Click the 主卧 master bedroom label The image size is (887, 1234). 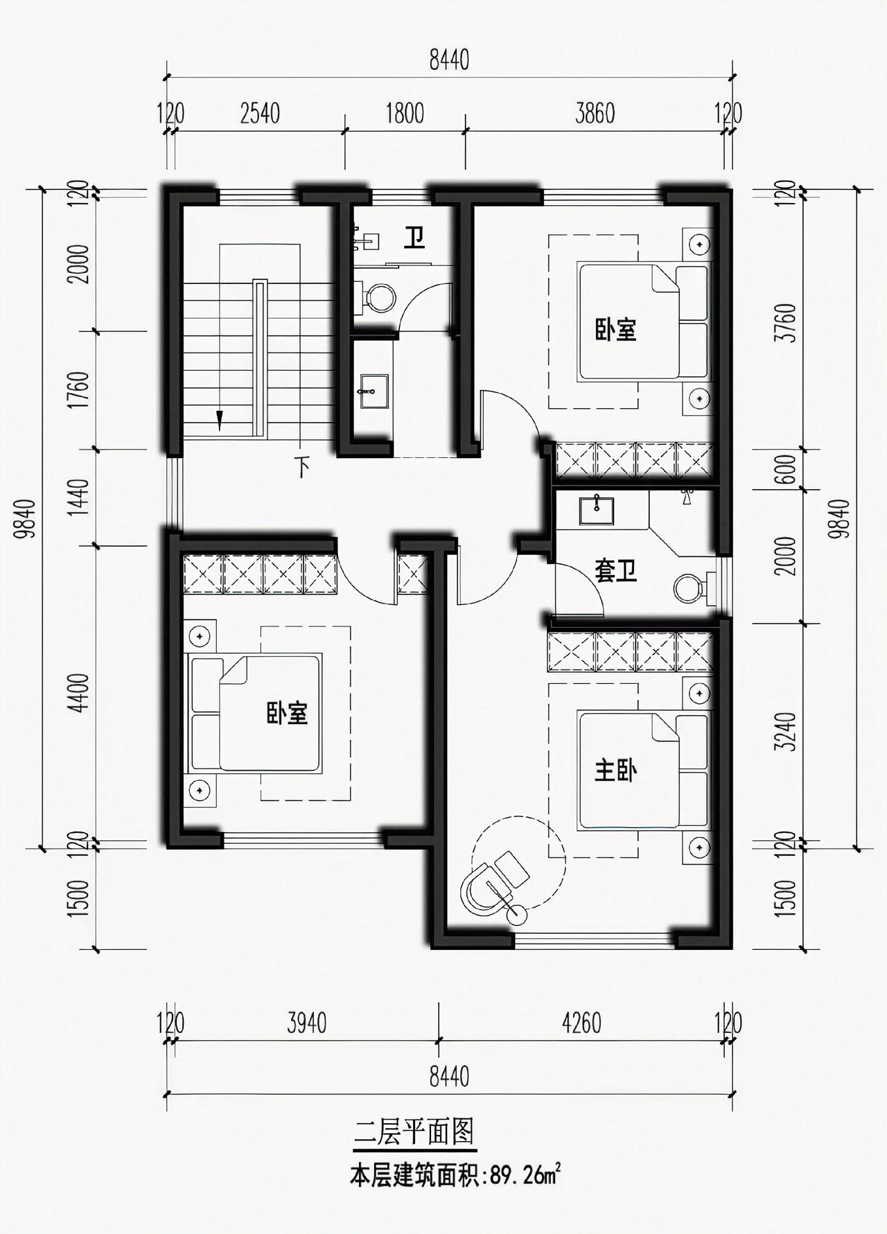tap(616, 770)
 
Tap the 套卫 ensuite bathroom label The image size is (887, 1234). tap(616, 570)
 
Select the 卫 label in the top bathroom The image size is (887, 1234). tap(414, 240)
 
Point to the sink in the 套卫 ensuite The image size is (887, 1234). tap(596, 511)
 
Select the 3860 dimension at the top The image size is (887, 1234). tap(595, 113)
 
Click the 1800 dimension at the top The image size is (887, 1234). tap(405, 113)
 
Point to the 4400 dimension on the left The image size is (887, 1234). tap(81, 692)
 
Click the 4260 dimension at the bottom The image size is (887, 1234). tap(582, 1023)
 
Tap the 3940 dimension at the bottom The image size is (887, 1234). tap(306, 1023)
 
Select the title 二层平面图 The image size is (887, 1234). tap(414, 1133)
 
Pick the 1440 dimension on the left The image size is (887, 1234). tap(81, 497)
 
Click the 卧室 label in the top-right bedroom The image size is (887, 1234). tap(616, 329)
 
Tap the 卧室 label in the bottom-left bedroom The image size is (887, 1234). tap(288, 713)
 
